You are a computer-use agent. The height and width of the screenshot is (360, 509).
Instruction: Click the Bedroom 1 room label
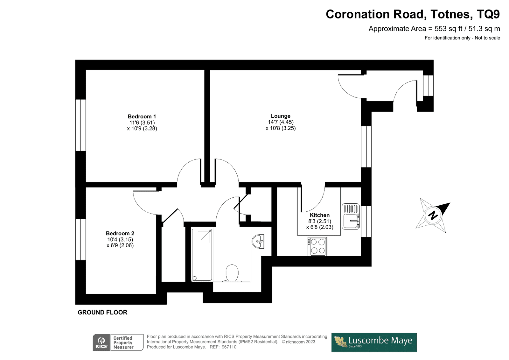point(142,117)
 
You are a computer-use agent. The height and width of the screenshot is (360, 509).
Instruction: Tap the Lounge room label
point(280,116)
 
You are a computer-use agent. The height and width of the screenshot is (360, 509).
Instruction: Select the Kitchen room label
point(319,215)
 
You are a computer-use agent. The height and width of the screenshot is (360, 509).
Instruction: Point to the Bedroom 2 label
point(120,233)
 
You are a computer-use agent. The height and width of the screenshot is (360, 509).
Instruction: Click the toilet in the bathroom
point(232,273)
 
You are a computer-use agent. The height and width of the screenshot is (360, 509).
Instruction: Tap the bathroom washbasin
point(258,241)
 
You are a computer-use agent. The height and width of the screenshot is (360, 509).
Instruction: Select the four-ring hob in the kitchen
point(317,246)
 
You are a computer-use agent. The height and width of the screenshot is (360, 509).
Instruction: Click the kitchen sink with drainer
point(351,216)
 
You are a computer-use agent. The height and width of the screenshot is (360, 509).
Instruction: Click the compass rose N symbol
point(433,215)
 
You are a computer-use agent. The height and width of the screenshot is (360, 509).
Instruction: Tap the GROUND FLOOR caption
point(102,313)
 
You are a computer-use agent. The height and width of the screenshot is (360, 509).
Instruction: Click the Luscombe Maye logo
point(374,342)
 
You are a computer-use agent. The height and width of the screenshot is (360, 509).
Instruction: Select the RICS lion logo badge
point(101,342)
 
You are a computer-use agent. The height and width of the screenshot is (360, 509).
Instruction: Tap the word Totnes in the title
point(450,14)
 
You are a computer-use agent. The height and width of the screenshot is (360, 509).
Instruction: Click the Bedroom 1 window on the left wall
point(80,125)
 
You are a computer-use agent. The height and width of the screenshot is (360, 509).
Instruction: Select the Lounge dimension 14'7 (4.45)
point(281,122)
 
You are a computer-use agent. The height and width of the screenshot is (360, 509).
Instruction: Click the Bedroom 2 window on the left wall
point(80,240)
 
